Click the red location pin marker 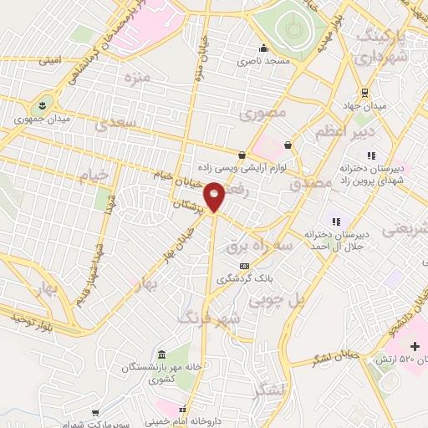click(x=215, y=196)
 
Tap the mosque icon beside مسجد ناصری click(x=264, y=48)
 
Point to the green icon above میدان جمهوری click(x=41, y=104)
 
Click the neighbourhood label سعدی click(x=114, y=125)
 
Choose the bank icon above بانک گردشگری click(x=244, y=266)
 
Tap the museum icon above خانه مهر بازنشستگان click(x=160, y=354)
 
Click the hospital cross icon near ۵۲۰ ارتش click(x=415, y=345)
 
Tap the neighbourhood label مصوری click(x=263, y=113)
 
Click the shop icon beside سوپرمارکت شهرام click(x=98, y=413)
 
